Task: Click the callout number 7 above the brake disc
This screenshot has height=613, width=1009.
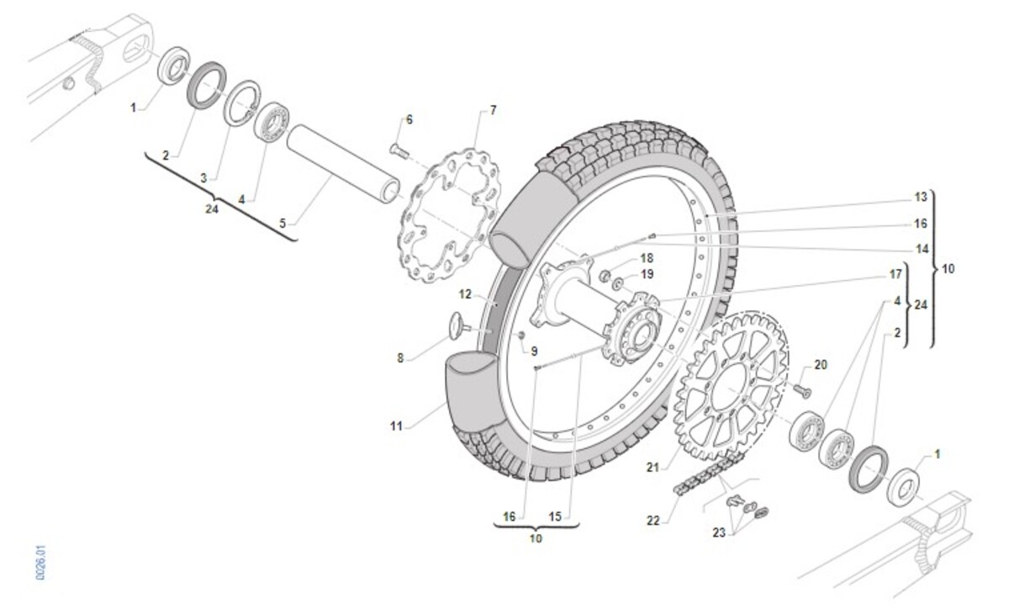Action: (493, 110)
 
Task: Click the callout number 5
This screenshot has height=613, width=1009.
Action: (283, 224)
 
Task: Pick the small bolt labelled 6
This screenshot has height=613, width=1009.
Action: (399, 151)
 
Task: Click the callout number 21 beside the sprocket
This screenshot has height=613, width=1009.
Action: (652, 467)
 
